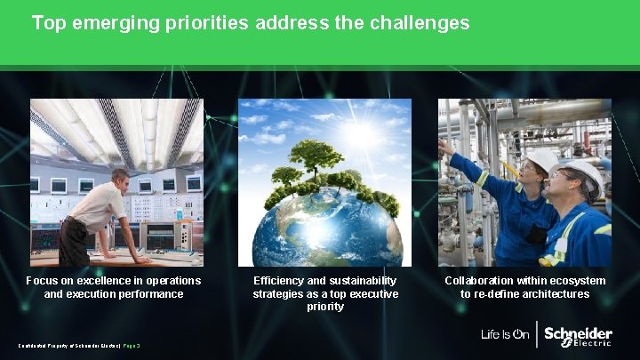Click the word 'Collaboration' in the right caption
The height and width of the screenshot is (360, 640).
(x=480, y=281)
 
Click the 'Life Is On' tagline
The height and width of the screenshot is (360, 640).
(x=505, y=335)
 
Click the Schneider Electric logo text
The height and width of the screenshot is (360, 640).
(x=578, y=336)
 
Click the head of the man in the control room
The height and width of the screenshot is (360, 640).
(x=119, y=180)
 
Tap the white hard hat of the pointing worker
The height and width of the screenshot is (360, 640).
(x=541, y=159)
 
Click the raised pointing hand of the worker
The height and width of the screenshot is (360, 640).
(x=444, y=144)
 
